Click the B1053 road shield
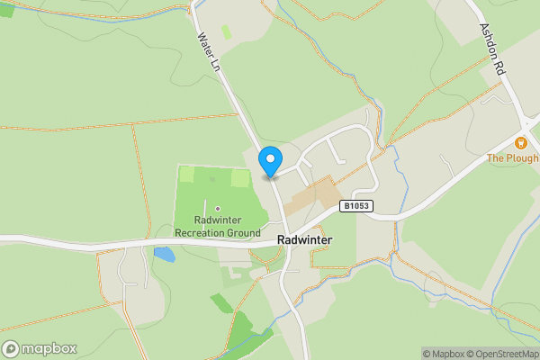coord(356,206)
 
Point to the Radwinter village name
coord(305,240)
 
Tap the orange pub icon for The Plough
coord(520,143)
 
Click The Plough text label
coord(512,158)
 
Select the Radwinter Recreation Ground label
coord(218,227)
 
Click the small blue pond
coord(164,255)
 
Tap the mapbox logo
coord(39,348)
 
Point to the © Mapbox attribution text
coord(442,354)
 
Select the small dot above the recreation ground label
coord(218,209)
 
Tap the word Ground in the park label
coord(244,233)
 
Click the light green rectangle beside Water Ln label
coord(226,31)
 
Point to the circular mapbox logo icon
coord(11,348)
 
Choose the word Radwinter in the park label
coord(218,220)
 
